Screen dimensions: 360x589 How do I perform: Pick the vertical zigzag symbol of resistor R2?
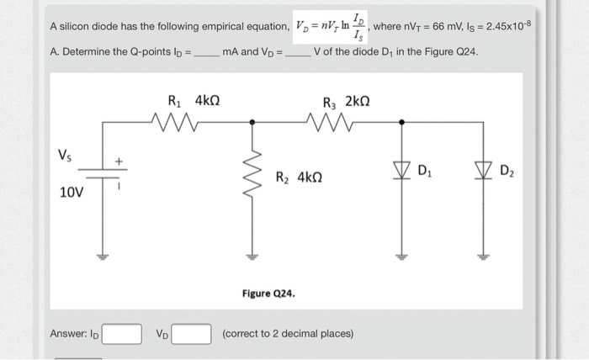(248, 177)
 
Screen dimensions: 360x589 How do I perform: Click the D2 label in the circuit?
(507, 173)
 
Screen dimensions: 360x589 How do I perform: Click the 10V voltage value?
(72, 193)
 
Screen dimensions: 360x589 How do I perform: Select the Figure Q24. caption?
(268, 294)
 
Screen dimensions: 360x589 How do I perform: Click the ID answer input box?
(123, 334)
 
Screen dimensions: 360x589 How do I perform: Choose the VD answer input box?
(193, 334)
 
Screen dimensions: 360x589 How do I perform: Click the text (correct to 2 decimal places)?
(287, 334)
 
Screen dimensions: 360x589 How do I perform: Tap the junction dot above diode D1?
(401, 123)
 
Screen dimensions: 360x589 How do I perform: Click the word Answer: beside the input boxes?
(68, 334)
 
